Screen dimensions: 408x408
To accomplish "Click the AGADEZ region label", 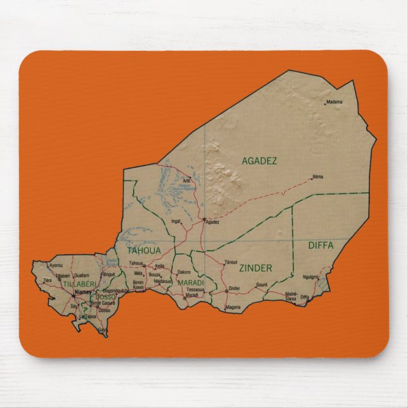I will tap(259, 161).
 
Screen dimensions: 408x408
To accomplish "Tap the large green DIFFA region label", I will tap(321, 245).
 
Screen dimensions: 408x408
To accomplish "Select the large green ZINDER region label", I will tap(255, 268).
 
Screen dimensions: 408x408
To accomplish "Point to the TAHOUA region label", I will tap(144, 251).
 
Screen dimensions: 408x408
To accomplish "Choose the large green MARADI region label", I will tap(191, 283).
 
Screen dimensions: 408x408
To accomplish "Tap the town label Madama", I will tap(334, 101).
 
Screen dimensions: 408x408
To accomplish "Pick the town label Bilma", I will tap(318, 176).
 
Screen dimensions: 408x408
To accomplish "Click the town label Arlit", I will tap(186, 181).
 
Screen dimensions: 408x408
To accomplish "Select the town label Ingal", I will tap(176, 221).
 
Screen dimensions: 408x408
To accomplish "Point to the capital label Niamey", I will tap(82, 292).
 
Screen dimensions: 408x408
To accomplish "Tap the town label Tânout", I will tap(231, 262).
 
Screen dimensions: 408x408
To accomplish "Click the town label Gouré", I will tap(262, 284).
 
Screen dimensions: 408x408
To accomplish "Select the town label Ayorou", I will tap(56, 265).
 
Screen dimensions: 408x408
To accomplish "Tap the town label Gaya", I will tap(103, 329).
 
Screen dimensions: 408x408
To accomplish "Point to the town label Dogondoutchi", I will tap(115, 290).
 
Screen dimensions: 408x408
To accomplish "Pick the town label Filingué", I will tap(109, 274).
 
